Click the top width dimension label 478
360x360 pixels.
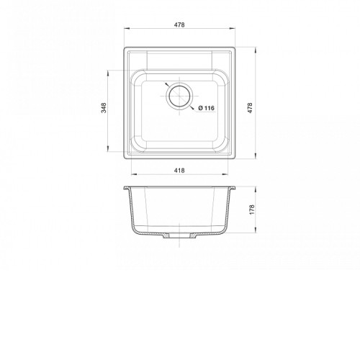pyautogui.click(x=179, y=24)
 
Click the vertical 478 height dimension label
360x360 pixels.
pyautogui.click(x=250, y=108)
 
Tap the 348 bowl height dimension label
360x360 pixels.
pyautogui.click(x=104, y=108)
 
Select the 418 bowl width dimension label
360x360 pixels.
pyautogui.click(x=179, y=171)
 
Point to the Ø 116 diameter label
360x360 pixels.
pyautogui.click(x=207, y=108)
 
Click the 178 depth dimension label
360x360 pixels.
pyautogui.click(x=252, y=210)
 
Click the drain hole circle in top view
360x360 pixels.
pyautogui.click(x=179, y=96)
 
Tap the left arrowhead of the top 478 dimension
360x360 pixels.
pyautogui.click(x=127, y=29)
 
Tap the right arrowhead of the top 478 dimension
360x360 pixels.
pyautogui.click(x=233, y=29)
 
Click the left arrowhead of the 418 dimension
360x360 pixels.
pyautogui.click(x=134, y=174)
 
